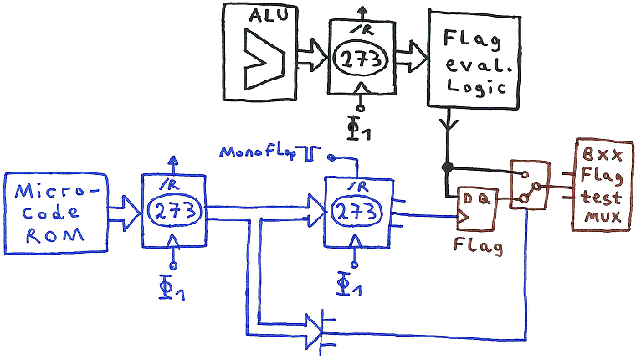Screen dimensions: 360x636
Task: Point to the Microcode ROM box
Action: point(56,213)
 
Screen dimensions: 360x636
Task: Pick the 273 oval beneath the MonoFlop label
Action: point(355,212)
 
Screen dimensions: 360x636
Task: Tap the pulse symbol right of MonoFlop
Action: point(312,153)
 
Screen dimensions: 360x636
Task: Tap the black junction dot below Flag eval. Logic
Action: point(448,166)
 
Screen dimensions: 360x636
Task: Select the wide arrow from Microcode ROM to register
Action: point(125,212)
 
